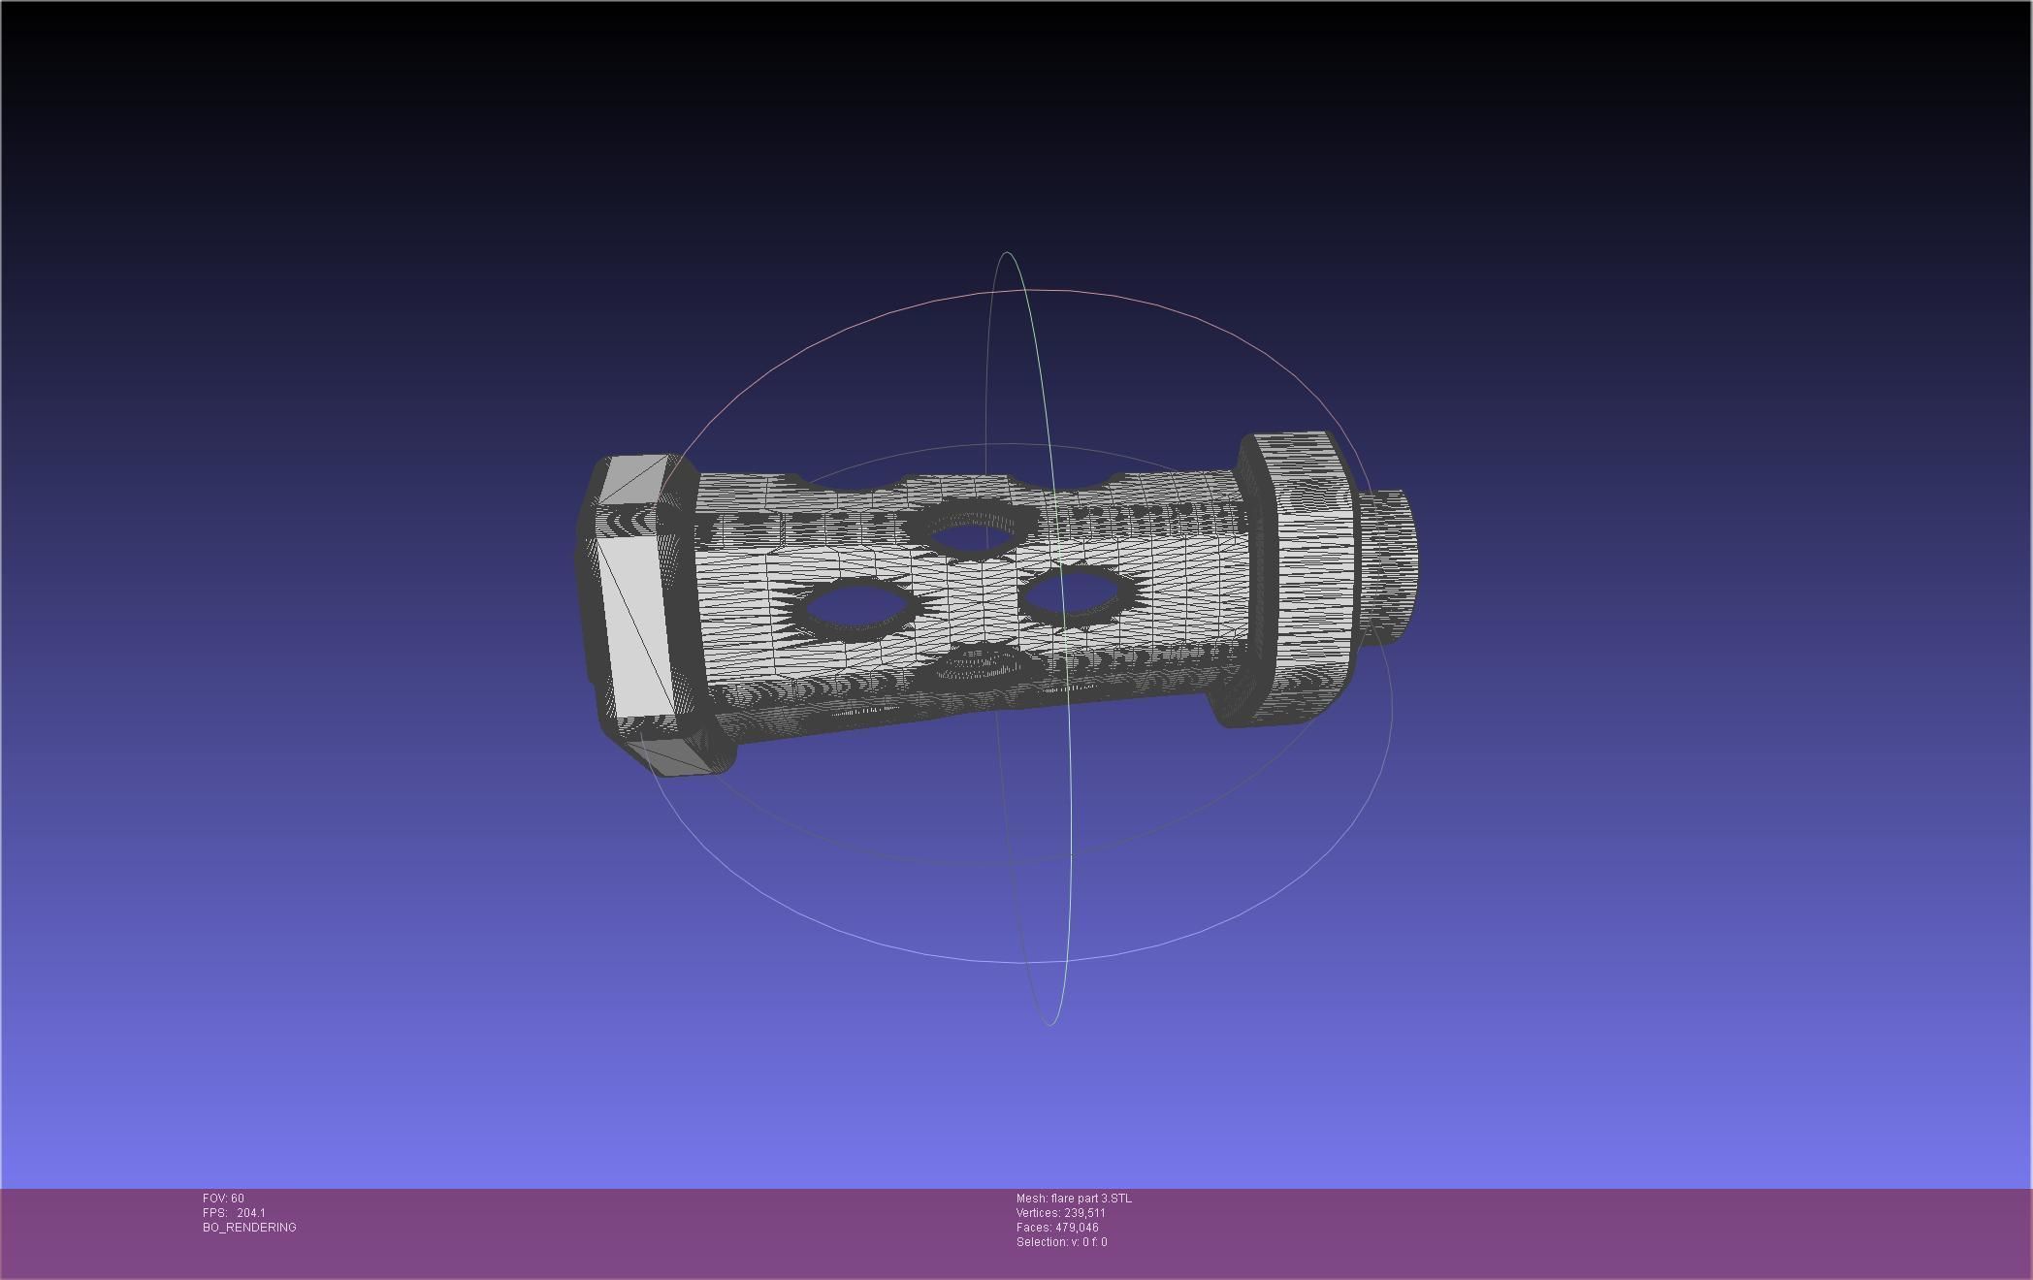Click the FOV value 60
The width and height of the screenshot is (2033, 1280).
238,1199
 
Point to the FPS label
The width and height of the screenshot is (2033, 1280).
214,1213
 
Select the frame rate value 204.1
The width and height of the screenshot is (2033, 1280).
251,1213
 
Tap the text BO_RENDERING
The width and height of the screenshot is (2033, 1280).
249,1228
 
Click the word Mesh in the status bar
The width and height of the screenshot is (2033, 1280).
1032,1199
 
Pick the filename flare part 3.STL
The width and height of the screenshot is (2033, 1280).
1091,1199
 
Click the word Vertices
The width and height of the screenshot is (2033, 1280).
1038,1213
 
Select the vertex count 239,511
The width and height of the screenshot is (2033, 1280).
1085,1213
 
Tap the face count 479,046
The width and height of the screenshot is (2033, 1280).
1078,1228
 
